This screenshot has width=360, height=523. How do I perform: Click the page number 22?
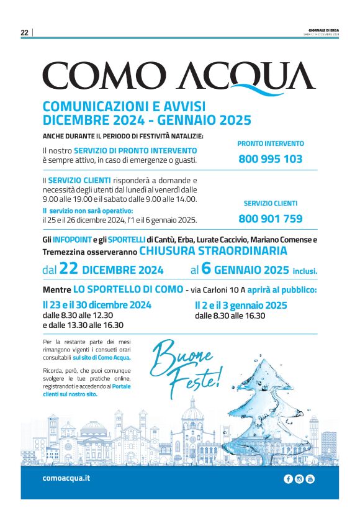[25, 33]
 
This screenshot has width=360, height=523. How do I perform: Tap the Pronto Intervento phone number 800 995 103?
[270, 158]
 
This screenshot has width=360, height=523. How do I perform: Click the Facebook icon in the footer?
[288, 478]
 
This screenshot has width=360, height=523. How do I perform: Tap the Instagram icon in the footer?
[299, 478]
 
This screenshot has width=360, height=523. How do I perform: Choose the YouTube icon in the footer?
[310, 478]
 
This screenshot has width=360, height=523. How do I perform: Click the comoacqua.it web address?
[66, 478]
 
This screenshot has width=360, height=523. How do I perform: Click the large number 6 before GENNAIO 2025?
[207, 269]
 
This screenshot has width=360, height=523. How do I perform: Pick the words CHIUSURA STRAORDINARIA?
[213, 251]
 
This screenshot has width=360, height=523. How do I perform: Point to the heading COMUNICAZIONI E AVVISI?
[124, 106]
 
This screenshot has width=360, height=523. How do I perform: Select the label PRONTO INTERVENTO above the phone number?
[271, 143]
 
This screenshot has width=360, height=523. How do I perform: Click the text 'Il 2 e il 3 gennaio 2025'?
[241, 305]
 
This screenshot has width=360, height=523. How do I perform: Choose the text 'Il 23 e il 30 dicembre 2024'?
[97, 305]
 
